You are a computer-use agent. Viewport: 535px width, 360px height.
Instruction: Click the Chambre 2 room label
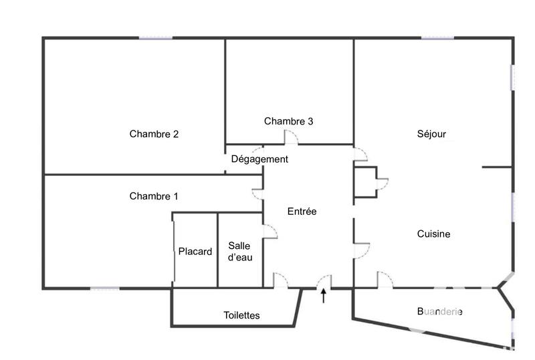pos(154,134)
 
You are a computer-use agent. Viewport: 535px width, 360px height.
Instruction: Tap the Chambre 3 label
pos(288,121)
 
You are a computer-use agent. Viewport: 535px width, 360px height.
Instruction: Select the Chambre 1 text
pos(154,196)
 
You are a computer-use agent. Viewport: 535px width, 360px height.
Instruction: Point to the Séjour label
pos(431,134)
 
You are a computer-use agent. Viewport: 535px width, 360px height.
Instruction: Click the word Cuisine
pos(433,234)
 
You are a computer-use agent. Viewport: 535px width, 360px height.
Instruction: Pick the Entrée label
pos(302,211)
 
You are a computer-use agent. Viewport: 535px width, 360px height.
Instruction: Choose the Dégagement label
pos(259,159)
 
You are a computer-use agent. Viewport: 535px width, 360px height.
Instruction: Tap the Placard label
pos(195,252)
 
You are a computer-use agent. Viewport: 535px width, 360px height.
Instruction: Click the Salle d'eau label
pos(240,252)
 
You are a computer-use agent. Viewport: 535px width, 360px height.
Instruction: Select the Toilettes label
pos(241,315)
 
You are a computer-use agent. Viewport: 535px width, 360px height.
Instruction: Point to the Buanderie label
pos(439,312)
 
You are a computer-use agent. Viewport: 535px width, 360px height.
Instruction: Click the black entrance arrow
pos(324,296)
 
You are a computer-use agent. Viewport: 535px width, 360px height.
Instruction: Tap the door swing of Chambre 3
pos(291,138)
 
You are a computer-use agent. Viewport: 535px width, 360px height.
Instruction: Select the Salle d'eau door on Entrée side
pos(269,232)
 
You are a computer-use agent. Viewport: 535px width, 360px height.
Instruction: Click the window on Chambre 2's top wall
pos(156,38)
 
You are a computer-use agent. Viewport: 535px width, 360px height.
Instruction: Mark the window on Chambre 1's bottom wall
pos(105,288)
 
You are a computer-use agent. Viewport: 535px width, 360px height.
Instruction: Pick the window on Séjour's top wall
pos(438,38)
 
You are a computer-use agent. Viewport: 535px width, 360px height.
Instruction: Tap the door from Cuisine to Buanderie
pos(385,280)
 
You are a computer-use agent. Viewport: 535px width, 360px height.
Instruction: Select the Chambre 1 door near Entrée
pos(257,194)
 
